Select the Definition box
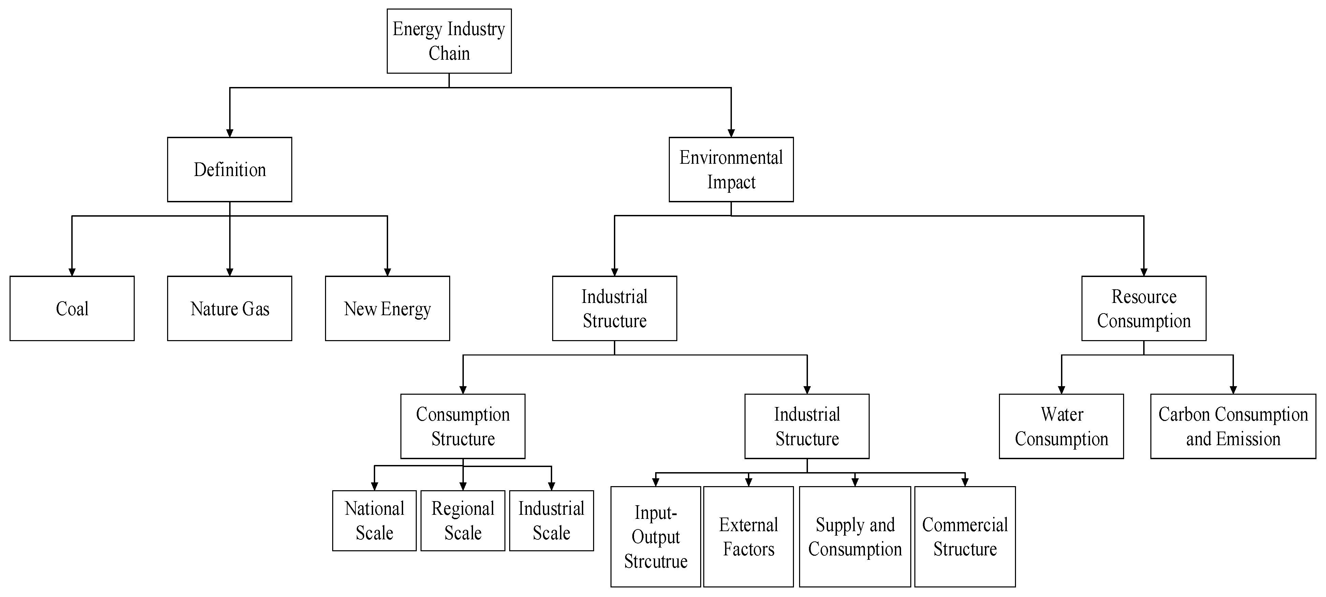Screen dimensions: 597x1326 tap(230, 170)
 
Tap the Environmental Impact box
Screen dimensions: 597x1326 tap(731, 170)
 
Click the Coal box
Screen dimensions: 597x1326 tap(72, 308)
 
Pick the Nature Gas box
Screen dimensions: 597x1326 tap(230, 308)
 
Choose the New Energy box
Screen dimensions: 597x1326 tap(387, 308)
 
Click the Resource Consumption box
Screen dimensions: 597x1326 tap(1144, 308)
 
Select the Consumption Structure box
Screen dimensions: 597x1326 tap(463, 426)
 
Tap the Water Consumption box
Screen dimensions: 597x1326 tap(1061, 426)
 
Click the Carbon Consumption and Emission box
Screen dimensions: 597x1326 tap(1233, 426)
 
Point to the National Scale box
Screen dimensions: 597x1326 tap(374, 521)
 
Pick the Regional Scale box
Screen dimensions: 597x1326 tap(463, 521)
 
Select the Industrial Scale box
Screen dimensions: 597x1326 tap(551, 521)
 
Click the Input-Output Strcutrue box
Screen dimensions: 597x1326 tap(655, 537)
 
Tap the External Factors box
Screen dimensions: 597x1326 tap(749, 537)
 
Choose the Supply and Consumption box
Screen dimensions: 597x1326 tap(855, 537)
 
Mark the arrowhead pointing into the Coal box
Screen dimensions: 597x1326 tap(72, 272)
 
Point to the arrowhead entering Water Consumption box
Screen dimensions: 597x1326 tap(1061, 390)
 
